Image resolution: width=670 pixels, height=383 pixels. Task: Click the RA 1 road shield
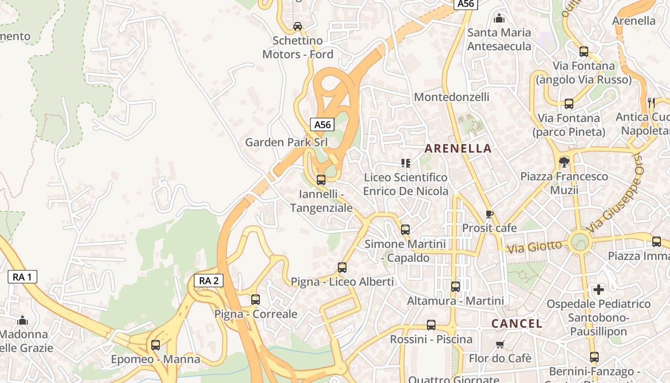click(22, 277)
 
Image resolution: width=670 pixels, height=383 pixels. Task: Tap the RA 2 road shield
click(209, 281)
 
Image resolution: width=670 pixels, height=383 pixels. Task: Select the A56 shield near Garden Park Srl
click(322, 125)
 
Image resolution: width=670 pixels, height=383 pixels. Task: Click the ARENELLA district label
click(458, 148)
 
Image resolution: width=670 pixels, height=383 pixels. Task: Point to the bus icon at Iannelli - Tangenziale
click(321, 180)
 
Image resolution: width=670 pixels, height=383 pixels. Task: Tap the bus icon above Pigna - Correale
click(256, 300)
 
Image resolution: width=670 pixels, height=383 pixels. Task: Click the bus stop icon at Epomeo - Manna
click(156, 345)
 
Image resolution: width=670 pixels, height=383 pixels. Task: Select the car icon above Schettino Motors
click(298, 26)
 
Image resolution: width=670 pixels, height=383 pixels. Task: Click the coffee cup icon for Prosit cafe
click(489, 214)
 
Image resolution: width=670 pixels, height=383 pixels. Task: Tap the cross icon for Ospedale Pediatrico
click(599, 290)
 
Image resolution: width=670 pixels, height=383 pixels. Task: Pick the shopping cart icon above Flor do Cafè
click(500, 344)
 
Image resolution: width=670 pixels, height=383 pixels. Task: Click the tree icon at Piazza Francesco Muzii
click(564, 162)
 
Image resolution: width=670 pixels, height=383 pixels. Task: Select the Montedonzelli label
click(451, 97)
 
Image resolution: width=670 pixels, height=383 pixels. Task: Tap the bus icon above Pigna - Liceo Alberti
click(342, 268)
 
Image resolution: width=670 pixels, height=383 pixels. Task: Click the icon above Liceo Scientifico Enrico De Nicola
click(406, 163)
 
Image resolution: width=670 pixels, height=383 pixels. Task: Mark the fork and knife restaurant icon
click(651, 102)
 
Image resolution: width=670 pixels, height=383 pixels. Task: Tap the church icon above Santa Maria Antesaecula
click(499, 19)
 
